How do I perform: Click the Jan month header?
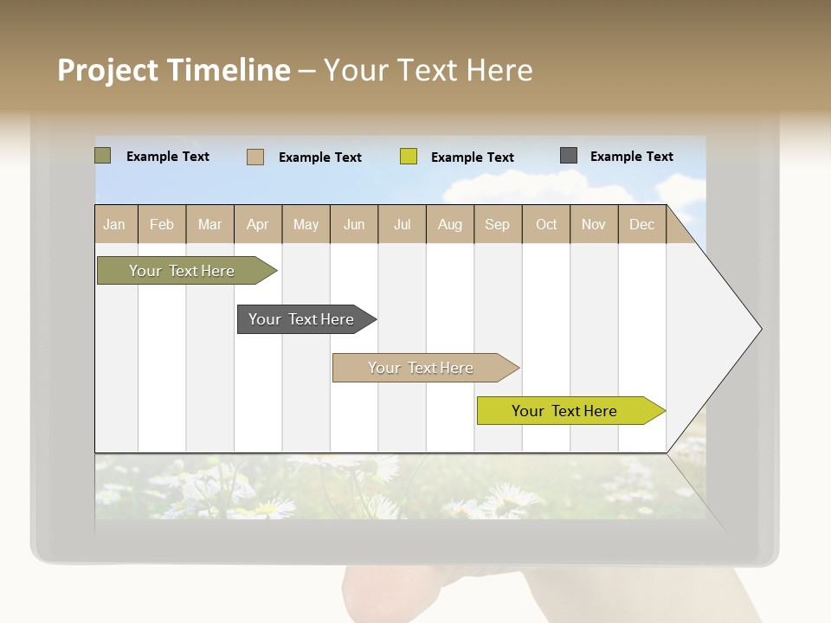tap(114, 224)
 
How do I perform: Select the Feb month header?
tap(162, 224)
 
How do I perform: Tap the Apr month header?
tap(258, 224)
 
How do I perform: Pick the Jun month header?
tap(354, 224)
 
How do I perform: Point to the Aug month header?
tap(450, 224)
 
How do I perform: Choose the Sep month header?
tap(498, 224)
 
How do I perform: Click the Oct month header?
tap(546, 224)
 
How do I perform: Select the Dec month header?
tap(642, 224)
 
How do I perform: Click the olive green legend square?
tap(103, 156)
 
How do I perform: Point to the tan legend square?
tap(255, 157)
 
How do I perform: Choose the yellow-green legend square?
tap(409, 157)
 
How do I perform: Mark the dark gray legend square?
tap(569, 156)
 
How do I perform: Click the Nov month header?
tap(594, 224)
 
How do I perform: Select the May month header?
tap(306, 224)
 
